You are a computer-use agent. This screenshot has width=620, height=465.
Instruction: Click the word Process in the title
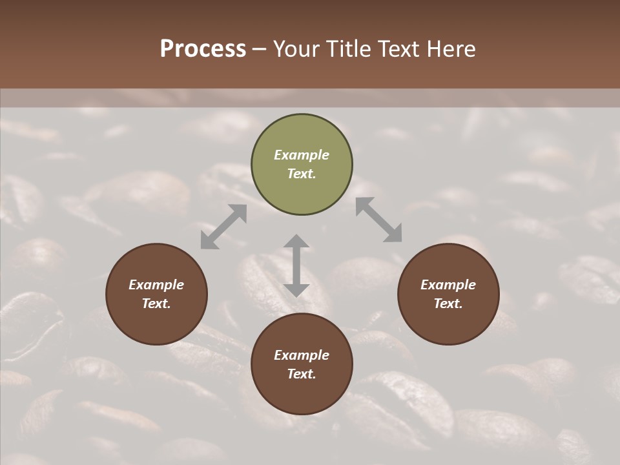tap(203, 49)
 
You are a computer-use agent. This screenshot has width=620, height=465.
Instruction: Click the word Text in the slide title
tap(402, 49)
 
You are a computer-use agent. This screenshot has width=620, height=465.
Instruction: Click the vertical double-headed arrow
tap(296, 265)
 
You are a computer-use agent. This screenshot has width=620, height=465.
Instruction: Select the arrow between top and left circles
tap(223, 227)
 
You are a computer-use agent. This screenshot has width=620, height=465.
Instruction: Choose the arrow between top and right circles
tap(378, 220)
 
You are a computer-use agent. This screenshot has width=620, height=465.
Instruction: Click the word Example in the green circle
tap(302, 155)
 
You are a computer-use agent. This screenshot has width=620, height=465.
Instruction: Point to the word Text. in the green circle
tap(302, 174)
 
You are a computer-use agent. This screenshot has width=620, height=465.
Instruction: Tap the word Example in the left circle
tap(156, 285)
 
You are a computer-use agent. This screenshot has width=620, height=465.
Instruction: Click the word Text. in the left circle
tap(156, 304)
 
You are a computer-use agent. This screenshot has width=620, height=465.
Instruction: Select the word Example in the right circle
tap(448, 285)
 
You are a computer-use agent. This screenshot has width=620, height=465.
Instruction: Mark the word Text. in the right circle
tap(448, 304)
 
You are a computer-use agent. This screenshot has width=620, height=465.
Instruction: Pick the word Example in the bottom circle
tap(302, 355)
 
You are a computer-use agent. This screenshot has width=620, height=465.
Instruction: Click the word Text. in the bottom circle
tap(302, 374)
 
